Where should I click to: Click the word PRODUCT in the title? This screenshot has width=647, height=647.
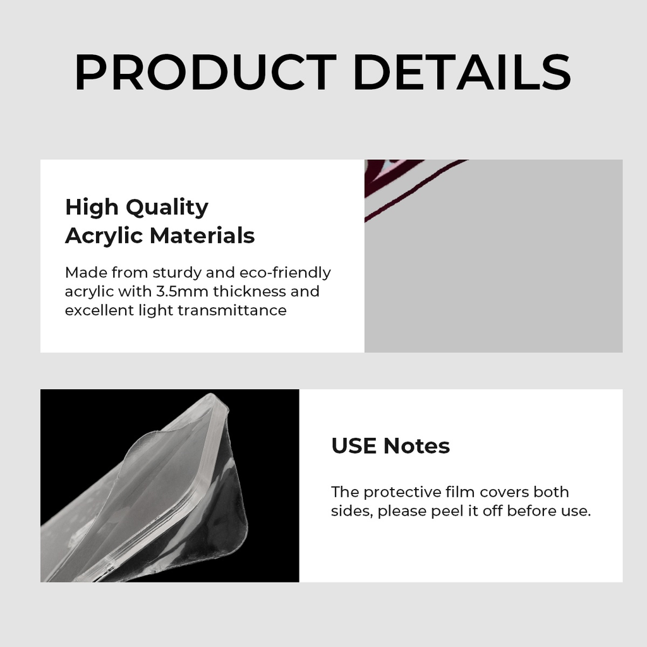[205, 72]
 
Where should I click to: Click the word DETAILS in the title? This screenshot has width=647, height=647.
[462, 72]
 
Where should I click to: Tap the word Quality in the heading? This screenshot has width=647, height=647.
[167, 207]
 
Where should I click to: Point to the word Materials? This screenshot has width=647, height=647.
[202, 236]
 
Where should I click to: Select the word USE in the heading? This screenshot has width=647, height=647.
[354, 446]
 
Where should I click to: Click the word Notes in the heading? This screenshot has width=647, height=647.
[416, 446]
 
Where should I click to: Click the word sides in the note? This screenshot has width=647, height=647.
[351, 511]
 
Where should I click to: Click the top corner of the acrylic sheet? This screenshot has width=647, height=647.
[212, 395]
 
